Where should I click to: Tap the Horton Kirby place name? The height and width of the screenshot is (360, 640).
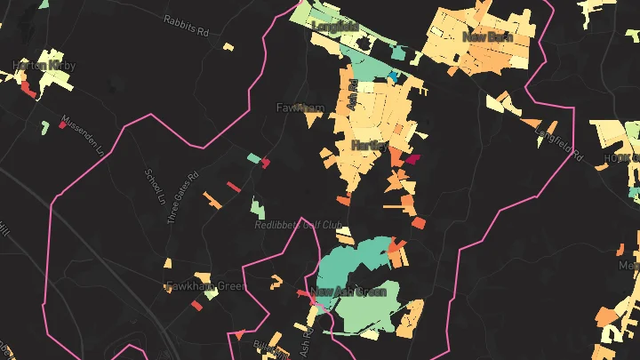point(44,67)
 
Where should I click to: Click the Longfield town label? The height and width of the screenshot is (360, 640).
point(334,27)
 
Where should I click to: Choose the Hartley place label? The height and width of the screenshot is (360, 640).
point(368,144)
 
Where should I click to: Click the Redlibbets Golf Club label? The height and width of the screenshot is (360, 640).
point(299,225)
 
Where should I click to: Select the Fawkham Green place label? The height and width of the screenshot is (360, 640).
point(205,286)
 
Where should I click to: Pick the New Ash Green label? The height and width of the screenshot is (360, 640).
point(348,292)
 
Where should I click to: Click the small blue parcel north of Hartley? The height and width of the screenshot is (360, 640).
point(391,77)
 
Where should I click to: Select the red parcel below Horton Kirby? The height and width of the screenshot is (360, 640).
point(28,90)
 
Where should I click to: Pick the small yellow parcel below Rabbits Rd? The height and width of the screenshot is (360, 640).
point(228,46)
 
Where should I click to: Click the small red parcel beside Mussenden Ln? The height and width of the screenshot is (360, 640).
point(62,125)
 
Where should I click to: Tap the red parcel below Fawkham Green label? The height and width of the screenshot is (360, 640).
point(196,306)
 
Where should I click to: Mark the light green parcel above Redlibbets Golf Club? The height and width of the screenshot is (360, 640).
point(258,208)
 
